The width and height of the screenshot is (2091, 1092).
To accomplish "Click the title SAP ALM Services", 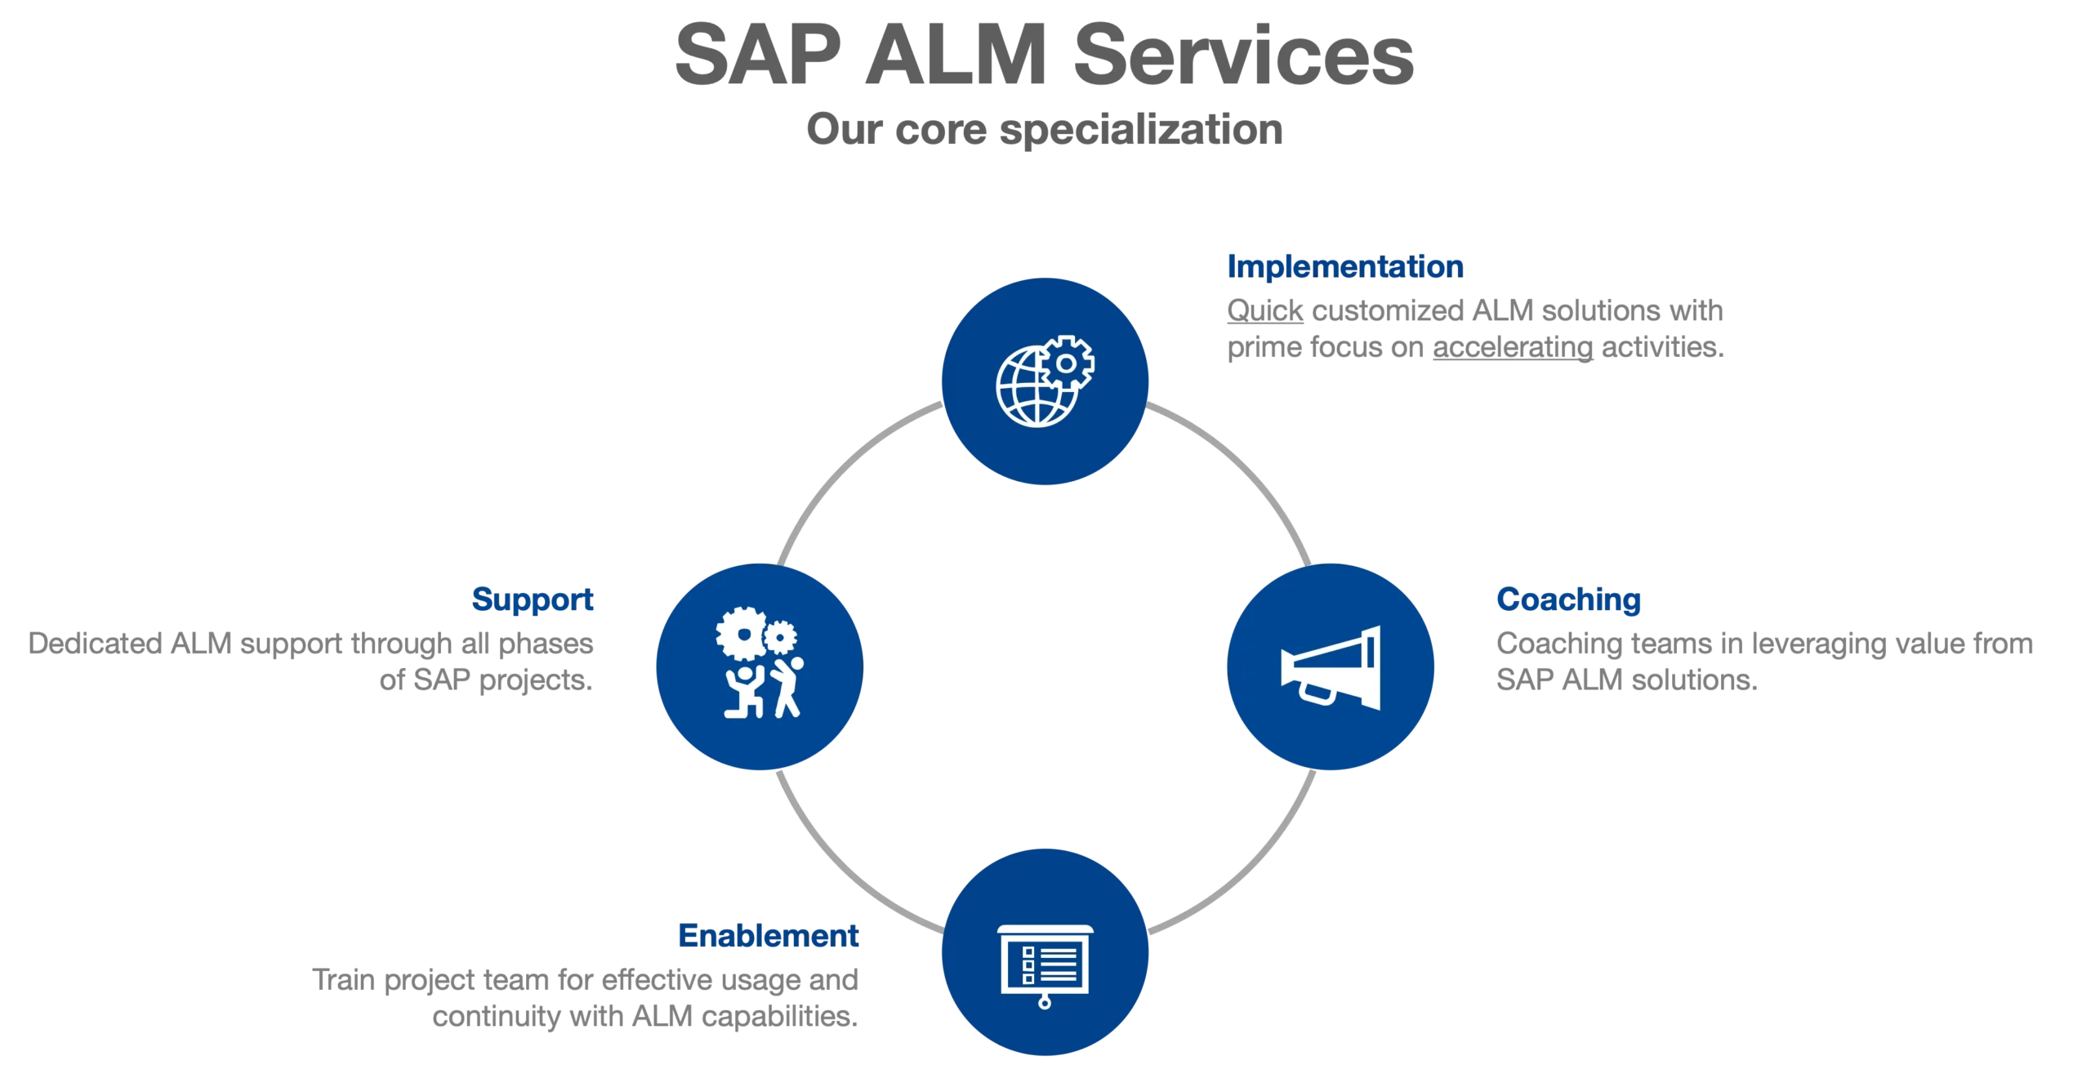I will [x=1044, y=55].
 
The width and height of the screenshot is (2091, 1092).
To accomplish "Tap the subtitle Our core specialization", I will [x=1044, y=130].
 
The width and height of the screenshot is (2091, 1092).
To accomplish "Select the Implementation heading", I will [x=1344, y=266].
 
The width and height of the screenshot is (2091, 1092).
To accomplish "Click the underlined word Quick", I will [x=1264, y=311].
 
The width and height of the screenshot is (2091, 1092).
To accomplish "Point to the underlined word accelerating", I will [x=1512, y=348].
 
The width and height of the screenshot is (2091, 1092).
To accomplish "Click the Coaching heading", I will [x=1568, y=599].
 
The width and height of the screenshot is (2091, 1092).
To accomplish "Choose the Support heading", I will [x=533, y=599].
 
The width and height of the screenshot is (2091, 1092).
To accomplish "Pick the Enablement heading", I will [x=768, y=935].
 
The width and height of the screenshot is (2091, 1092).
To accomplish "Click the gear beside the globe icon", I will [x=1066, y=362].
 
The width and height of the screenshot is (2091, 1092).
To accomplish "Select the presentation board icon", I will [x=1045, y=962].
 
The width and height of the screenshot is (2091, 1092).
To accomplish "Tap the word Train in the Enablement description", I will [x=343, y=979].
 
